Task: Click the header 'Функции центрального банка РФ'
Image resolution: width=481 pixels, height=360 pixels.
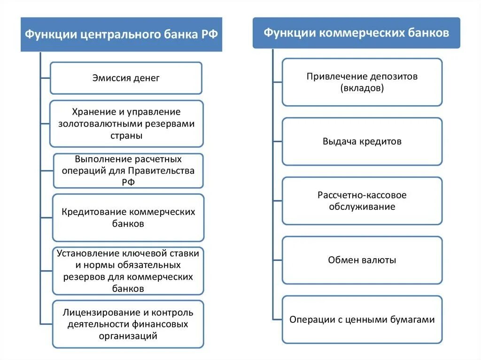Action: [121, 35]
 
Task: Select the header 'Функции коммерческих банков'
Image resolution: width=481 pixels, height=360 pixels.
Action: [356, 33]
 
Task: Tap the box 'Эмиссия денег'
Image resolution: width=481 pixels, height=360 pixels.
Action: [126, 78]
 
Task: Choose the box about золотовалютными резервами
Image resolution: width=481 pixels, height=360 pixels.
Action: [126, 123]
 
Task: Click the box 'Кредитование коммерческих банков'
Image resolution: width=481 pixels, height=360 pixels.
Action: [128, 218]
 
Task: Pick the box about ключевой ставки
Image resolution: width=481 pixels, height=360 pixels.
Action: [128, 271]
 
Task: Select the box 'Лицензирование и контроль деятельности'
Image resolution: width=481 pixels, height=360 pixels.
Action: [128, 324]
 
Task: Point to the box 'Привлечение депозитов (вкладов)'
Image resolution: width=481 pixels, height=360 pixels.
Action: [362, 82]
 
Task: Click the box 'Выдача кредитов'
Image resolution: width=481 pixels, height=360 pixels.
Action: [362, 141]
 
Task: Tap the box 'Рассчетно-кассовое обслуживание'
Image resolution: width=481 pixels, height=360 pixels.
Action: [362, 200]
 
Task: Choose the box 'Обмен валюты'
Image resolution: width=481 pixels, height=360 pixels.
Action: [362, 260]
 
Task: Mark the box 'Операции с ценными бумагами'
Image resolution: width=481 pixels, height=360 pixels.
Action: [362, 320]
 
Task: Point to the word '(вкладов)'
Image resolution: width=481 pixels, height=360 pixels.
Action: [362, 88]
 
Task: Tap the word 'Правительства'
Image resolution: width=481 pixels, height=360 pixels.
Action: [167, 170]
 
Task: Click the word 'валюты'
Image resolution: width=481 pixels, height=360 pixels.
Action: [379, 260]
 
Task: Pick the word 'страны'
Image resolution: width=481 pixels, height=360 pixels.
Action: [128, 135]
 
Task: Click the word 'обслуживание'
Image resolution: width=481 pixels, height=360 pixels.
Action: [362, 207]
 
